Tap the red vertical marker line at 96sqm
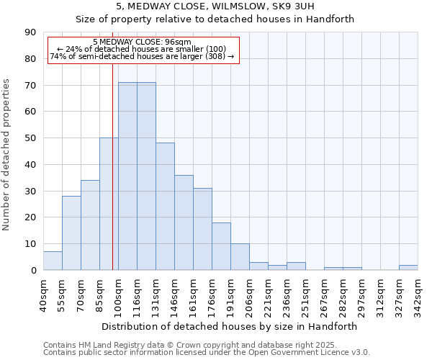coord(112,180)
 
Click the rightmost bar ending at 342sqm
coord(408,267)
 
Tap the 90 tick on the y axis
coord(30,32)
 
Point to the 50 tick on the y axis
coord(30,138)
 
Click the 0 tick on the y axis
coord(33,270)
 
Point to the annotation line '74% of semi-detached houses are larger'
coord(142,56)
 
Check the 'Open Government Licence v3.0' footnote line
coord(288,352)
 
